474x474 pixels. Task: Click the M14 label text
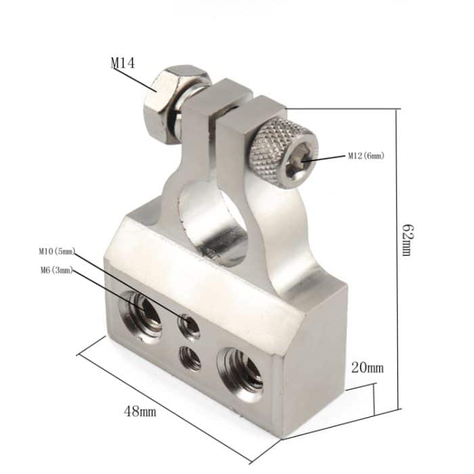(123, 63)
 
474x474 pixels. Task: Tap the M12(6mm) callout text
(366, 156)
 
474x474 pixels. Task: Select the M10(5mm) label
(57, 252)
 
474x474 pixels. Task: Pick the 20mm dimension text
(367, 368)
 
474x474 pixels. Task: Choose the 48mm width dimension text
(139, 411)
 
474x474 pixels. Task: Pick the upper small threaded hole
(189, 326)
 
